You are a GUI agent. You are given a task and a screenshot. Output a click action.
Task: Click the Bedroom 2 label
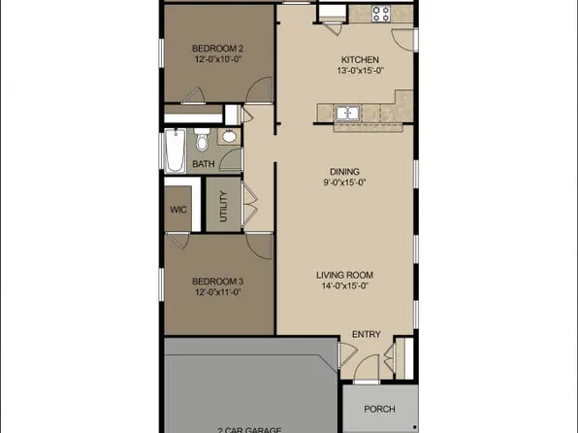pos(216,48)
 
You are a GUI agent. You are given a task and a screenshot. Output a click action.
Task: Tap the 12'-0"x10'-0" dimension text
pos(216,59)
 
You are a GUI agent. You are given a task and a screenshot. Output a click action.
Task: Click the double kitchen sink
pos(346,114)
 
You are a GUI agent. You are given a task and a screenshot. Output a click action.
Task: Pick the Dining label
pos(344,171)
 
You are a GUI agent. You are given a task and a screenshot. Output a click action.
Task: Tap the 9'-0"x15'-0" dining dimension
pos(344,183)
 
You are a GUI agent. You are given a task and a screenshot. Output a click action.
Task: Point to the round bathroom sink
pos(228,137)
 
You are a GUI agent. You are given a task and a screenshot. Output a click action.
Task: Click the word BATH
pos(203,164)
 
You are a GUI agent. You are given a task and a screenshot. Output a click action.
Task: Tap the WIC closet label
pos(177,209)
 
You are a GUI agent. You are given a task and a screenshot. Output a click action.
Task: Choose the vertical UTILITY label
pos(223,206)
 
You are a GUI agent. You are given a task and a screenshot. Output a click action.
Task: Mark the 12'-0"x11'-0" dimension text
pos(216,291)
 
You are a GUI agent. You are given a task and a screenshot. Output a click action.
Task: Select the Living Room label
pos(344,274)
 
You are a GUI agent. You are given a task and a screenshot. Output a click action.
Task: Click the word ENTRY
pos(366,335)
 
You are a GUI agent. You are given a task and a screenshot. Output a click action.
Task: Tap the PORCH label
pos(379,409)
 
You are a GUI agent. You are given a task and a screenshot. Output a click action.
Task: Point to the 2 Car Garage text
pos(249,429)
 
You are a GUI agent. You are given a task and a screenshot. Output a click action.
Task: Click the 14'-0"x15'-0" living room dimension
pos(344,285)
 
